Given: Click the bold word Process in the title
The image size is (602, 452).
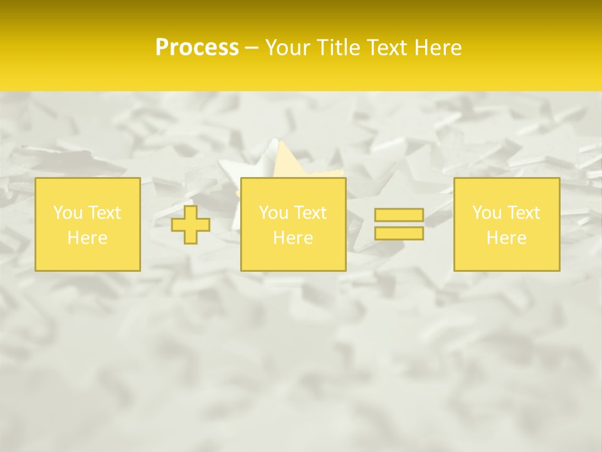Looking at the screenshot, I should [197, 48].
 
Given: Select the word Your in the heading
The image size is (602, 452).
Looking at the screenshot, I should [288, 48].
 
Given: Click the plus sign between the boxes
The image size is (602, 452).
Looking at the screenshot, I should [191, 225].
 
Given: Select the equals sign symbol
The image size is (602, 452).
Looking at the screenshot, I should [399, 224].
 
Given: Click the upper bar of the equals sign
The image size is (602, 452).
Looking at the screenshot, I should [399, 215].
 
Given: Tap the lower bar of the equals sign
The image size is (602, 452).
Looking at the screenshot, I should [399, 233].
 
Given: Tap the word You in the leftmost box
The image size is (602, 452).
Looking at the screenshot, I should [68, 213].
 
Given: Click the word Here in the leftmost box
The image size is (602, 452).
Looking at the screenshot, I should [87, 238].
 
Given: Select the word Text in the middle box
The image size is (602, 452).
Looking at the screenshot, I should [310, 213].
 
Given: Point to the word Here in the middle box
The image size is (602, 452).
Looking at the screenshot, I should [293, 238].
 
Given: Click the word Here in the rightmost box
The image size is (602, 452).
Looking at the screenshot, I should [507, 238].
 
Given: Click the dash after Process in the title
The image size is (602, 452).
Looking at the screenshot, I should [251, 48].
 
